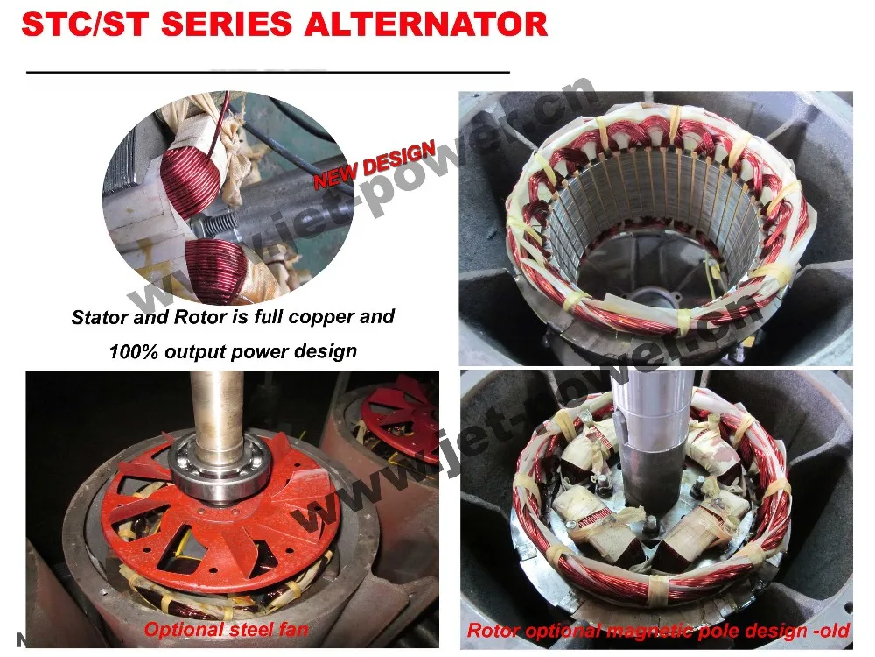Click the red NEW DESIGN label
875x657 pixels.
(x=374, y=164)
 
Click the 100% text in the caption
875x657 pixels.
(x=132, y=352)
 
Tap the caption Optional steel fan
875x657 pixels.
(x=226, y=629)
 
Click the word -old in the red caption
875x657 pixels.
(x=831, y=630)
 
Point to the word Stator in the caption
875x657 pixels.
(x=99, y=318)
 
